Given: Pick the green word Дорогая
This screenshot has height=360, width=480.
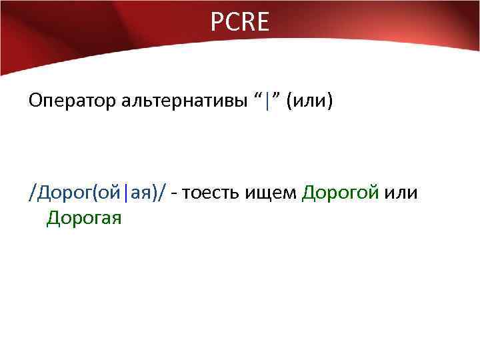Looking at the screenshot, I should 84,218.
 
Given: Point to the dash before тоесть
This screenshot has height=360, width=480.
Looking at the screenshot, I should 174,194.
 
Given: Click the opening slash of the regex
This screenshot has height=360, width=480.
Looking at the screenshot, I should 31,194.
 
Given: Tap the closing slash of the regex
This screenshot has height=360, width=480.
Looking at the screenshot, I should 164,194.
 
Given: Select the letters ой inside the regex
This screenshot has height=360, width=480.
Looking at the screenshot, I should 111,194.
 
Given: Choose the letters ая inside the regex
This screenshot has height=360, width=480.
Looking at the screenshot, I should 139,194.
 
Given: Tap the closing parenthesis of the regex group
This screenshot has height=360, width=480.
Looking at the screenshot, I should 155,194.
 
